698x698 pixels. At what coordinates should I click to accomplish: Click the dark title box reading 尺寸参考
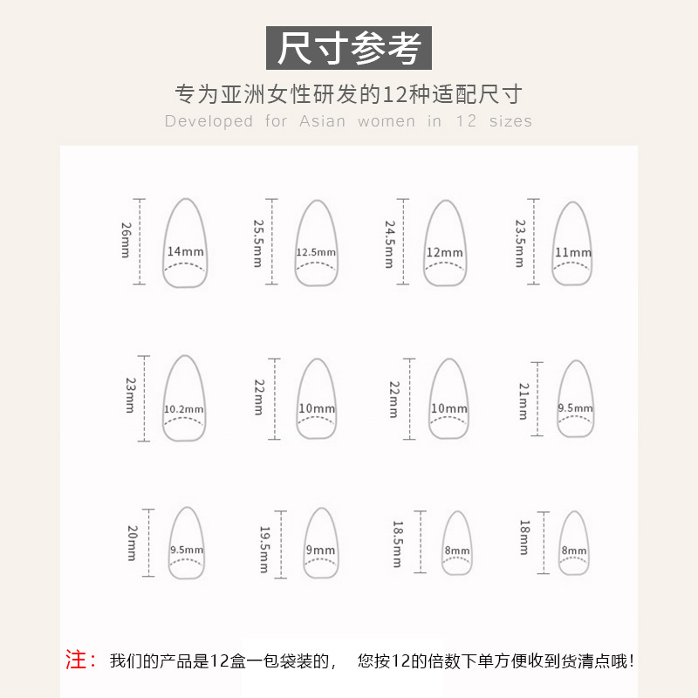tap(349, 48)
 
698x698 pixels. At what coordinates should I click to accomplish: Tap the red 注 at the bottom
tap(81, 660)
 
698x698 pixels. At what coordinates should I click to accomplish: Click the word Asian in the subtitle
tap(322, 121)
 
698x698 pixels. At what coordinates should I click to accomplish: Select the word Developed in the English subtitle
tap(209, 121)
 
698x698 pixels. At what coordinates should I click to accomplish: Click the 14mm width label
tap(185, 252)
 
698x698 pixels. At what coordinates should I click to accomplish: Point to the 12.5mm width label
tap(316, 253)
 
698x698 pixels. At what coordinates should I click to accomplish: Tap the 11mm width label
tap(573, 253)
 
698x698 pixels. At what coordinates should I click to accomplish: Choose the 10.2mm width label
tap(184, 409)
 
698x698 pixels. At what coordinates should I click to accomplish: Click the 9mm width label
tap(320, 550)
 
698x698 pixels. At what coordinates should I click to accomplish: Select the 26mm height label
tap(127, 240)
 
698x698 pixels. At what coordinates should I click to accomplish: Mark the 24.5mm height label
tap(390, 243)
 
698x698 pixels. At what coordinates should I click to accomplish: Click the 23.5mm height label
tap(521, 242)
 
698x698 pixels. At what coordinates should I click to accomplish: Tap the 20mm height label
tap(133, 543)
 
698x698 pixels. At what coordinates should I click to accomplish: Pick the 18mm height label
tap(524, 537)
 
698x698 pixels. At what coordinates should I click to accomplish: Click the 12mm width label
tap(445, 253)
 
